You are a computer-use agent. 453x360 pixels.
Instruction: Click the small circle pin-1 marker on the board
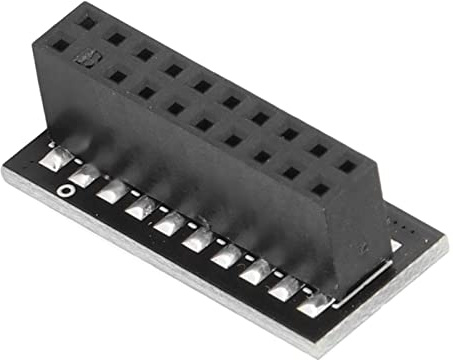point(65,188)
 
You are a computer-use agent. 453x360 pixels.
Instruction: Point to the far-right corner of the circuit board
point(446,246)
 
